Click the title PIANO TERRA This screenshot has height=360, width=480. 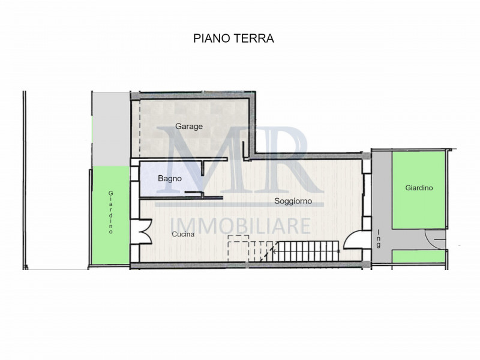233,38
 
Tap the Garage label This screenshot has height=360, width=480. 189,127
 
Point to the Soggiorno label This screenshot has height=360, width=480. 293,201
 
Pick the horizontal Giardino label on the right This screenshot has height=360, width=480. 419,188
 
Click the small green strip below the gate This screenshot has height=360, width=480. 418,257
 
